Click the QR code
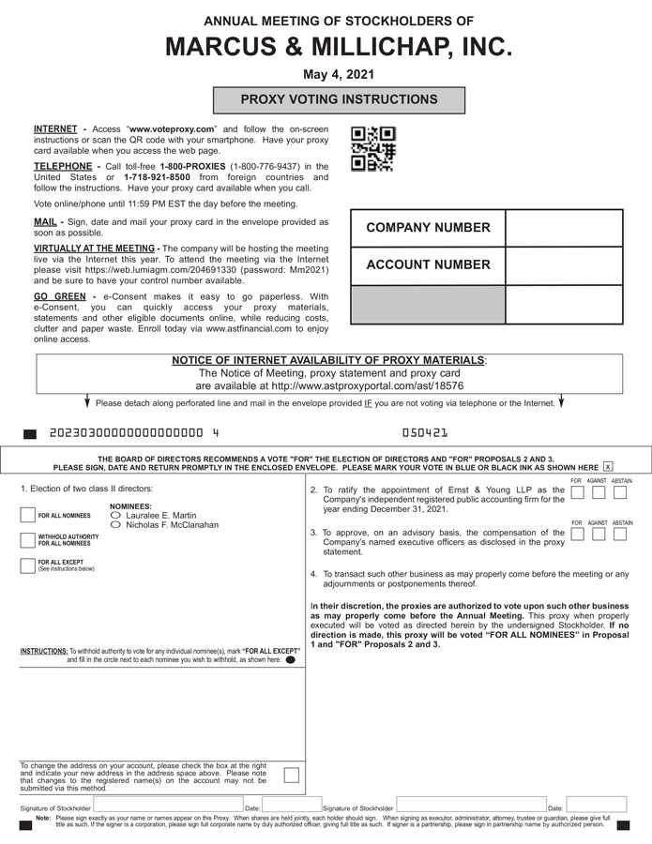point(372,149)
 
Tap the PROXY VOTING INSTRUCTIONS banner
point(339,99)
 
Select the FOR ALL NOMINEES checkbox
point(27,515)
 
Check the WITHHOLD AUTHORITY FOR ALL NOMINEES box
point(27,540)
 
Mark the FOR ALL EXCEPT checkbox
point(27,565)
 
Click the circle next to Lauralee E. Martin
point(116,516)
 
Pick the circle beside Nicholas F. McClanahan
point(116,525)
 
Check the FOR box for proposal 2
point(578,492)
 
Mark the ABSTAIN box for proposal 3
point(620,535)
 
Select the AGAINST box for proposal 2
point(599,492)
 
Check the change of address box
point(292,775)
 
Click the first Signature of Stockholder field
point(167,806)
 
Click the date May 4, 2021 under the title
point(326,73)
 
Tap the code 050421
point(424,434)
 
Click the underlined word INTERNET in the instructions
point(55,128)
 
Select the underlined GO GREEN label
point(59,297)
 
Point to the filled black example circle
point(290,660)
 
